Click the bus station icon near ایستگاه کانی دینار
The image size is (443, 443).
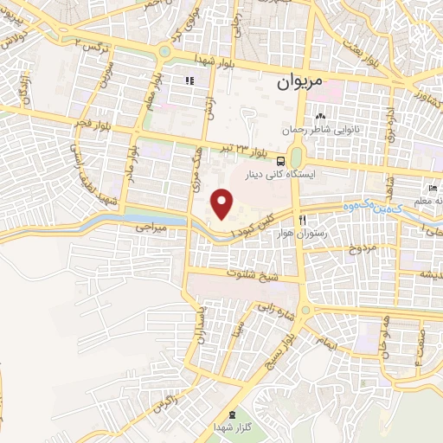click(x=281, y=161)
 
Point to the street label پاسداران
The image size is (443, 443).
click(x=199, y=325)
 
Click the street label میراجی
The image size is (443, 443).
click(x=150, y=228)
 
